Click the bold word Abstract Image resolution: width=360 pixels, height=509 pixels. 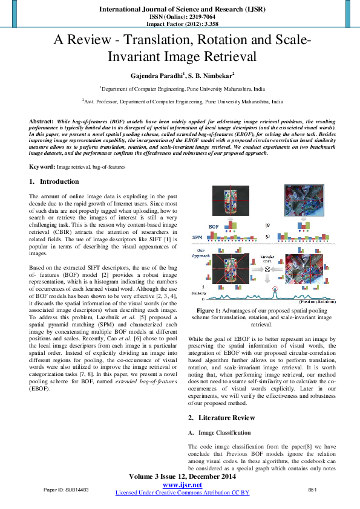point(41,122)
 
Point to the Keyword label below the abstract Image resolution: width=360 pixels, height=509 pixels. point(42,166)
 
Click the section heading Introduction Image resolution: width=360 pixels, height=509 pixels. point(59,181)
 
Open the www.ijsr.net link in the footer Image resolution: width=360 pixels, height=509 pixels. point(182,485)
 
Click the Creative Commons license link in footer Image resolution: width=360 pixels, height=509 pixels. point(182,493)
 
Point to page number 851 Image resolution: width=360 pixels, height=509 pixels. point(313,488)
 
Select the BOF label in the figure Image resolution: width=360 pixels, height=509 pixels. point(213,226)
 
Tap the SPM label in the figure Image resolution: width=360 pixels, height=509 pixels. point(197,238)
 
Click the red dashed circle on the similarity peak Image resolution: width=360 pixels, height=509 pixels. point(276,289)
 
